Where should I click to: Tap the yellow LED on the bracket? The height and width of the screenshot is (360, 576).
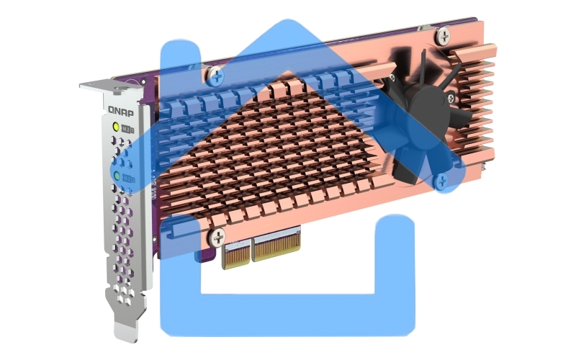point(114,127)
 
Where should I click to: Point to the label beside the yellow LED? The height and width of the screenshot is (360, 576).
point(127,128)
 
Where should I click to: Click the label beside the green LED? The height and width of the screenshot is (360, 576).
point(128,176)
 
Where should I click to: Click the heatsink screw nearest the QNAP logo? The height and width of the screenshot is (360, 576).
point(215,73)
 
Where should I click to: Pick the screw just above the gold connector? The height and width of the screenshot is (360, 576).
point(217,235)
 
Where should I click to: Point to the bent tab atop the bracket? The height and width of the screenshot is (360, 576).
point(96,87)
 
